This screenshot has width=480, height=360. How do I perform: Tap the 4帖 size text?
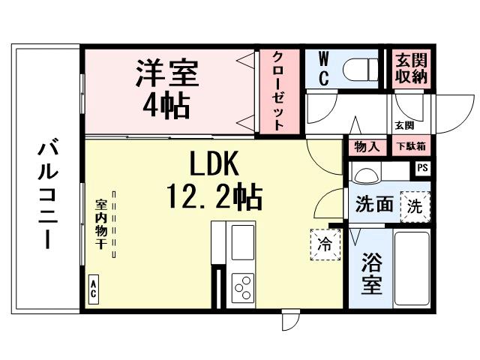click(x=166, y=104)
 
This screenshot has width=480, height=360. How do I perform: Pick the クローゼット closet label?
click(x=277, y=91)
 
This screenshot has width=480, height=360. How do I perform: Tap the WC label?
click(x=323, y=69)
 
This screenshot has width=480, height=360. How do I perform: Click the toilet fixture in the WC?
click(x=361, y=69)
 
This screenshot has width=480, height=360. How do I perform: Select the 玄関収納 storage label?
click(x=411, y=69)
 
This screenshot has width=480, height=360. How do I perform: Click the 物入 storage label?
click(x=367, y=146)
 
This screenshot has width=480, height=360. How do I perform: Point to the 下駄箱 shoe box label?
click(x=410, y=146)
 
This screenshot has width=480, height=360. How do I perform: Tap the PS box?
click(x=423, y=169)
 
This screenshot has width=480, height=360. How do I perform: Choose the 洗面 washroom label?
click(x=374, y=204)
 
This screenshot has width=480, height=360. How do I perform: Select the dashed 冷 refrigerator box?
click(x=325, y=243)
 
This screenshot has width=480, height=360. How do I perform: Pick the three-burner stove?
click(x=243, y=286)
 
